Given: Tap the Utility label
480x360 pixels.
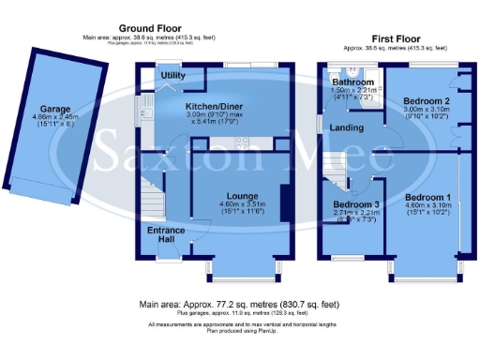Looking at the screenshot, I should point(172,75).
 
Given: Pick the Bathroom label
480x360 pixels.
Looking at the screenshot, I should point(353,82).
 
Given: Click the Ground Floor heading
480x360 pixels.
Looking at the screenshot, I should point(151,29).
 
